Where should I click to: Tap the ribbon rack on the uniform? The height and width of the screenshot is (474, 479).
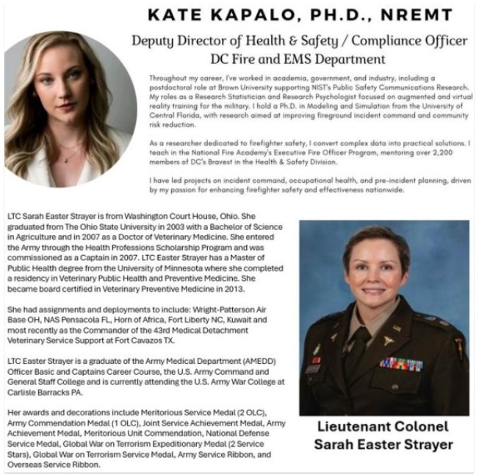tap(401, 363)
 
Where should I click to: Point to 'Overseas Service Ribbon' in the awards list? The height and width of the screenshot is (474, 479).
tap(51, 464)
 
